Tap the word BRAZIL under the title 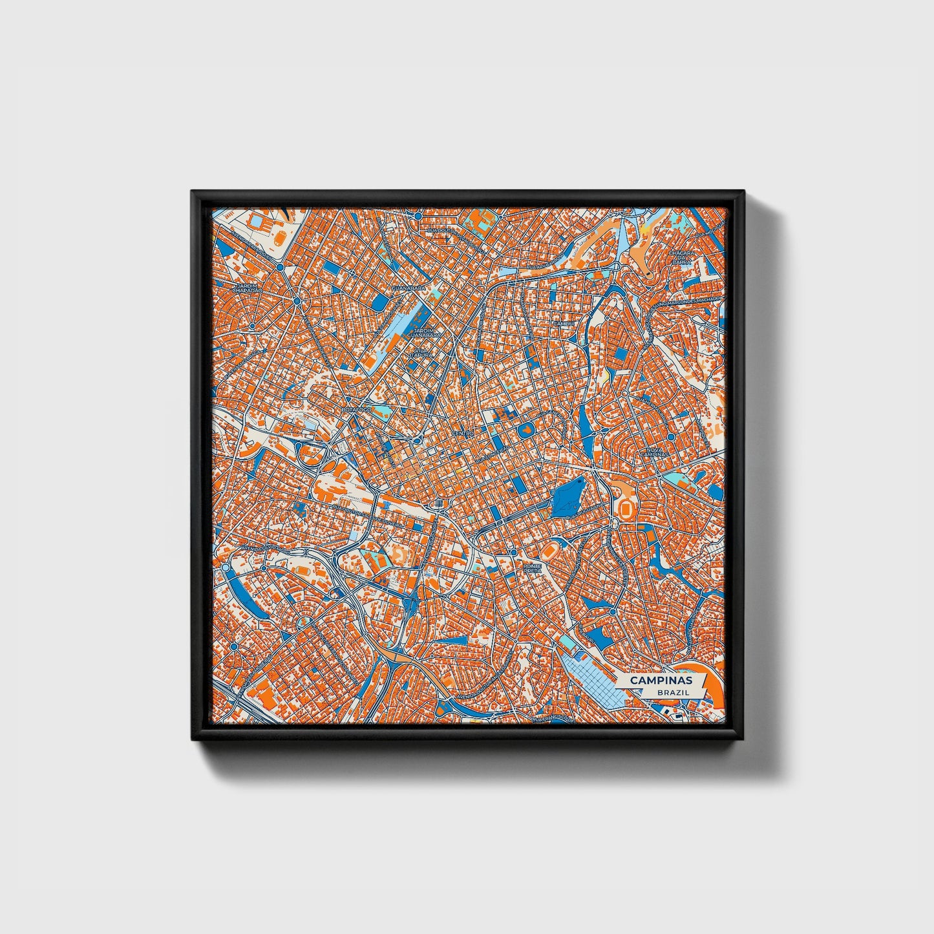[x=671, y=692]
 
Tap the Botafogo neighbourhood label [x=354, y=410]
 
